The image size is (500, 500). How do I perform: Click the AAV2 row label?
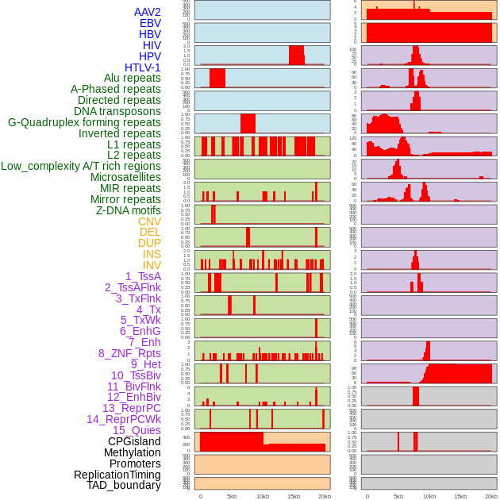148,12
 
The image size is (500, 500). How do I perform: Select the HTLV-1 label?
143,67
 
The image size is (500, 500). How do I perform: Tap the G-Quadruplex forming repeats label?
84,122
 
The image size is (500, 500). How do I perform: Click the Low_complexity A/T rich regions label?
81,166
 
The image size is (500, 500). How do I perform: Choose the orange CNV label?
149,221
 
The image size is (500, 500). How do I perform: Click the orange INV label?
152,265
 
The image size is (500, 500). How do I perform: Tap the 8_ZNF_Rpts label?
129,353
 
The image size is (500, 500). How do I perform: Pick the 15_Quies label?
137,430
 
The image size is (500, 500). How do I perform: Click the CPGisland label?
134,441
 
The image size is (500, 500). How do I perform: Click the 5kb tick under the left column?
232,496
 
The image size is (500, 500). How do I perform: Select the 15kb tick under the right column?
460,496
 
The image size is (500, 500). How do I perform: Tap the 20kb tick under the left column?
324,496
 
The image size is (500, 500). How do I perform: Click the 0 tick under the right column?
367,496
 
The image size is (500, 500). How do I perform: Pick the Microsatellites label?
125,177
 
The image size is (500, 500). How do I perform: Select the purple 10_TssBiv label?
136,375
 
